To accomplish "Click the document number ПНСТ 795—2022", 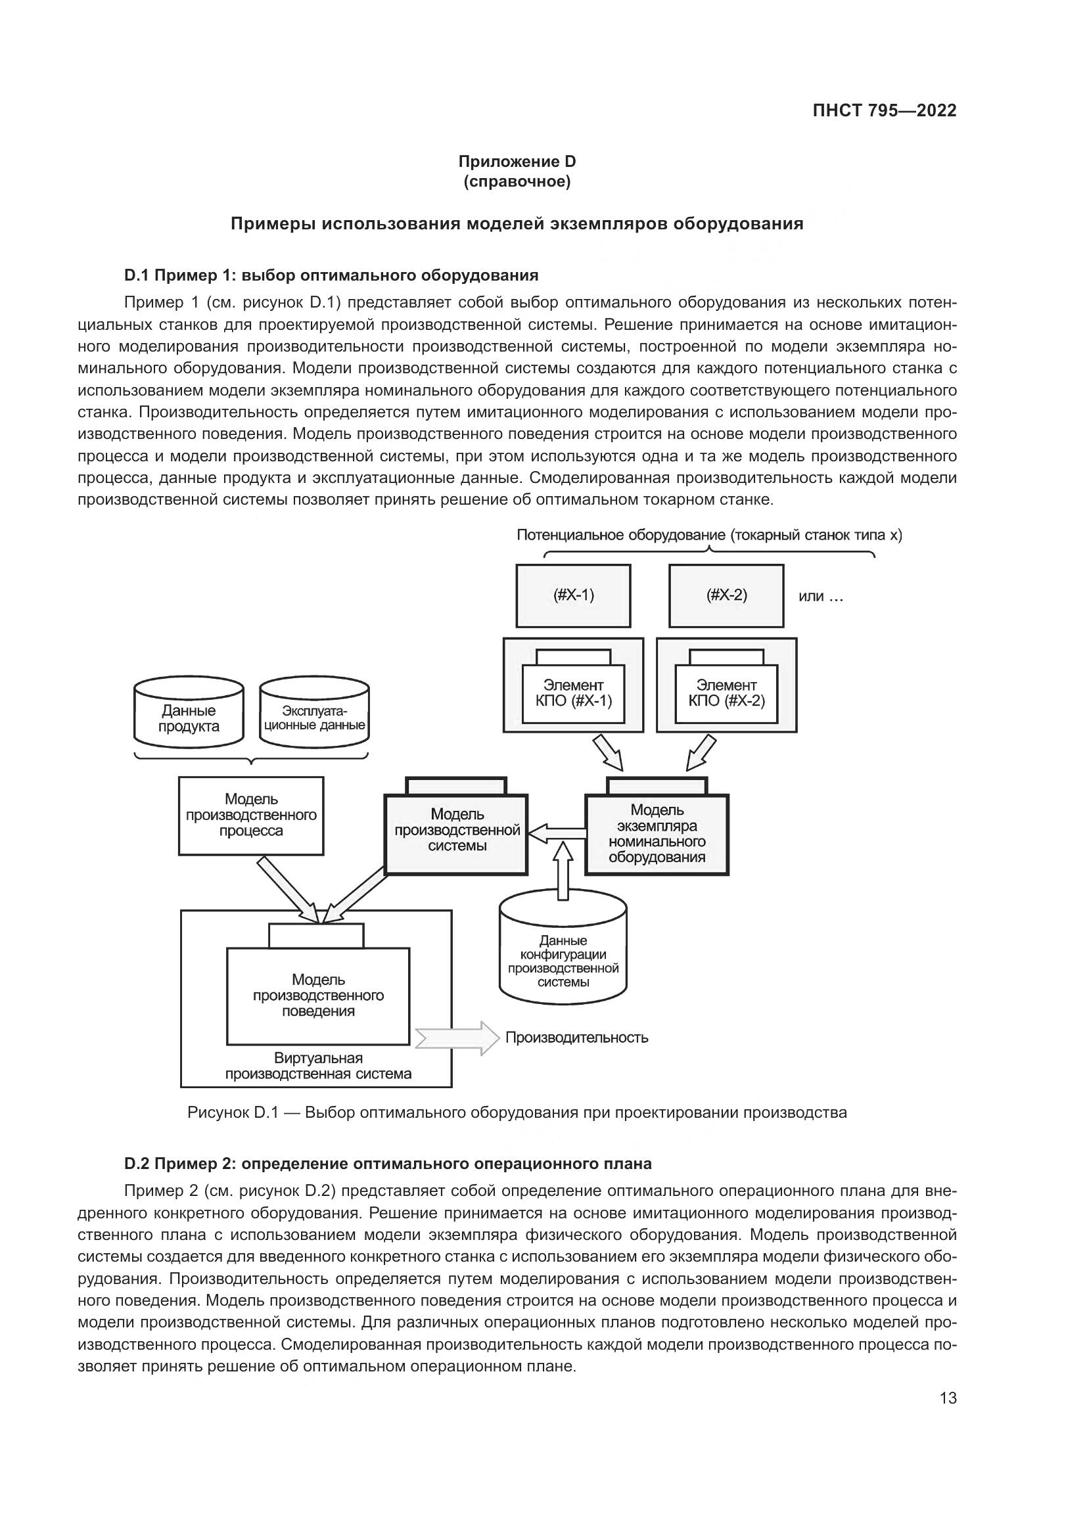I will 884,111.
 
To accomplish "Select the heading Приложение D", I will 517,162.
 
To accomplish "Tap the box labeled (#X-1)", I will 573,595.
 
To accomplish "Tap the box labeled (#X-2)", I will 726,595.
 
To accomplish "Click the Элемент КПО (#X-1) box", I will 573,693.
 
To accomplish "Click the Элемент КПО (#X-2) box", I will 726,693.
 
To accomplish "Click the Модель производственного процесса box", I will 251,815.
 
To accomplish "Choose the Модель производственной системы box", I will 457,830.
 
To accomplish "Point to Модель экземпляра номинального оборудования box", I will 657,833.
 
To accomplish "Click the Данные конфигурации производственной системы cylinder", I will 563,957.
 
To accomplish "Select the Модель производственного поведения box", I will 318,996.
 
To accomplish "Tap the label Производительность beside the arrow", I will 576,1038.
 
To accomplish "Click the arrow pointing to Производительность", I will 457,1038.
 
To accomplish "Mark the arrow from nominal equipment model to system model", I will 556,833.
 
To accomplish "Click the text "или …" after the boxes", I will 821,597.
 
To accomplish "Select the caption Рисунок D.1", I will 517,1113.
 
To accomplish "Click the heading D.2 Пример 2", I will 388,1164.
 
